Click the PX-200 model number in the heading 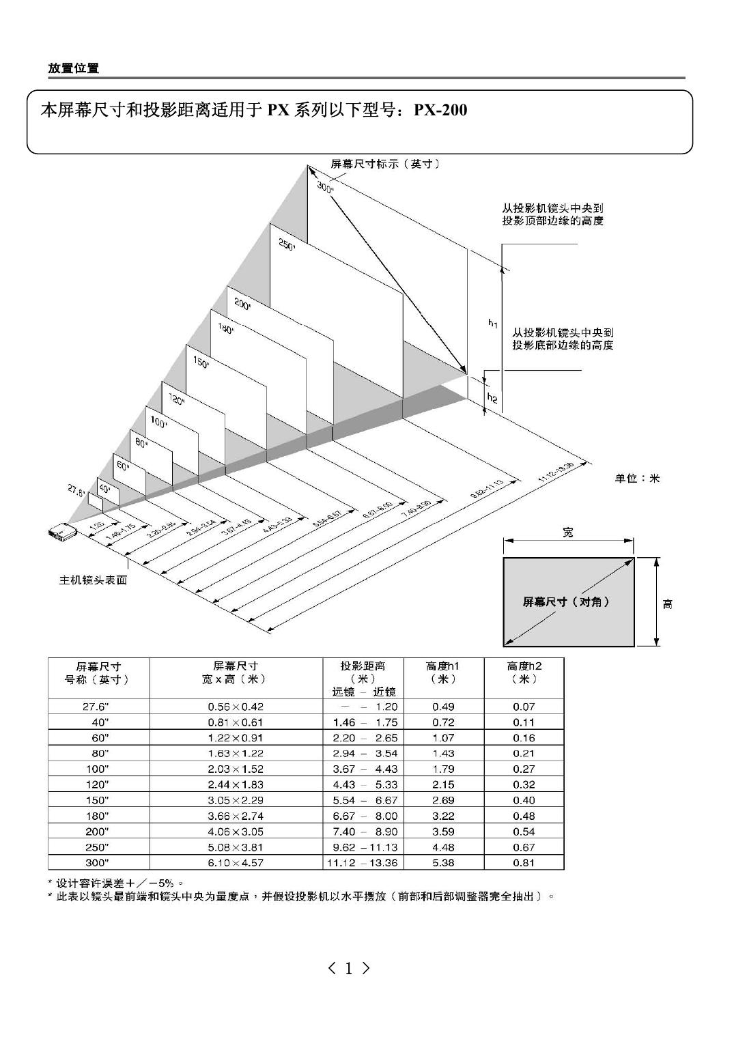point(440,110)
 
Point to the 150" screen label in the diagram point(201,364)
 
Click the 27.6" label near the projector point(75,489)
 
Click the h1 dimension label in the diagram point(493,324)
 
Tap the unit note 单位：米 point(637,479)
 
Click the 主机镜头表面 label point(93,580)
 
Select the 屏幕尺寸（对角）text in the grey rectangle point(566,601)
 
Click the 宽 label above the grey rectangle point(568,532)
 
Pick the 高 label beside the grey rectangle point(667,603)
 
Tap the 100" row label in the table point(100,769)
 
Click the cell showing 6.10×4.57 point(236,862)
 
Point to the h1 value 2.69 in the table point(443,800)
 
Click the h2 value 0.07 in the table point(524,707)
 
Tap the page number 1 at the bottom point(349,967)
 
